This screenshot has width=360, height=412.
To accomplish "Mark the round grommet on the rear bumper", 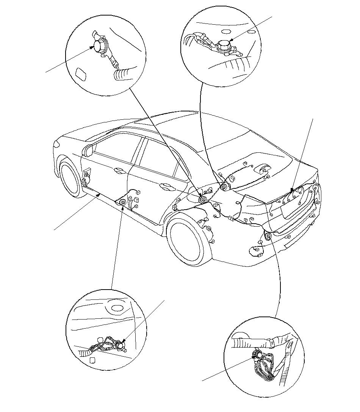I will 268,237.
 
